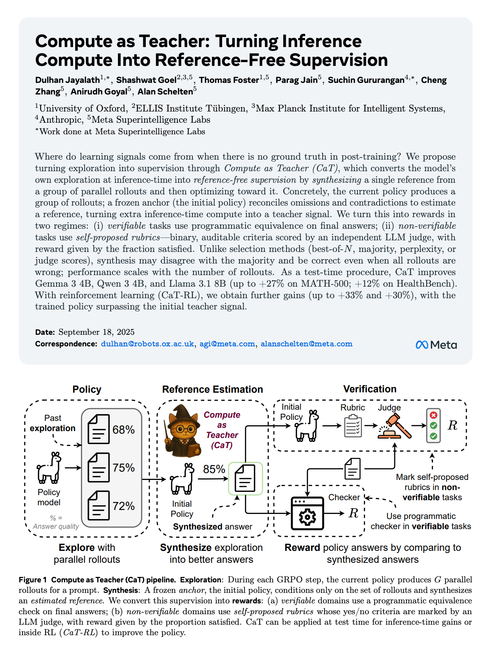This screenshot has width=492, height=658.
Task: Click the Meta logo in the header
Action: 436,345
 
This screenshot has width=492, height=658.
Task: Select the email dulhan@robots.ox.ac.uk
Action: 147,344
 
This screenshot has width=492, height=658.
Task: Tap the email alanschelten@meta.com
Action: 306,344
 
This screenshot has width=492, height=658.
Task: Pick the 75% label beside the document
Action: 123,468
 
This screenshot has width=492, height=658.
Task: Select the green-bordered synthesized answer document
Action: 245,478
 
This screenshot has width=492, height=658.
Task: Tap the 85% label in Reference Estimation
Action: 214,469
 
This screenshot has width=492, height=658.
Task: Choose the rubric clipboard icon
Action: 353,426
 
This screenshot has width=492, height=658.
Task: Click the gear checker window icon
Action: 307,513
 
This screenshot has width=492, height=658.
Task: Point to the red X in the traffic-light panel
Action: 433,416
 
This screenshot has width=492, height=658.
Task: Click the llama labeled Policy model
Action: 49,468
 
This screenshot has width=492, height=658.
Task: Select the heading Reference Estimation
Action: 212,389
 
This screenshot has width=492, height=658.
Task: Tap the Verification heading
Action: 369,389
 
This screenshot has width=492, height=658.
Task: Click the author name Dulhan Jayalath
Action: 67,80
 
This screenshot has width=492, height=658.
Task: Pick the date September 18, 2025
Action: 96,332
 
